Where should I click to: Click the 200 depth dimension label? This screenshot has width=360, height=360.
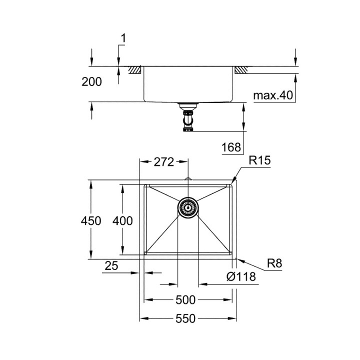pos(91,81)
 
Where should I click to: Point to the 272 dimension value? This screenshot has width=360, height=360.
pos(163,161)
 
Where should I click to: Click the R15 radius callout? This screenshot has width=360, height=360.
pos(259,161)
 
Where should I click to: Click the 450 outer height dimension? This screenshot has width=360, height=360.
pos(91,220)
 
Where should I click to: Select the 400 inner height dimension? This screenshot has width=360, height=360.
pos(122,220)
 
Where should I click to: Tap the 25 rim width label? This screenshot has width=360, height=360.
pos(111,266)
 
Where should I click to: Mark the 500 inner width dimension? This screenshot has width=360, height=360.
pos(186,300)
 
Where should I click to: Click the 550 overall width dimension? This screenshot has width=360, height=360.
pos(186,318)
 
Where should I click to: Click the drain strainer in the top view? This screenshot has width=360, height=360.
pos(188,206)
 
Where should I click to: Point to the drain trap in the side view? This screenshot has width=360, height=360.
pos(188,119)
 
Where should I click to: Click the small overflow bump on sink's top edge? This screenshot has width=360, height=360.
pos(188,179)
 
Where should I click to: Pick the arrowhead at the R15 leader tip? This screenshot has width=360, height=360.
pos(233,181)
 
